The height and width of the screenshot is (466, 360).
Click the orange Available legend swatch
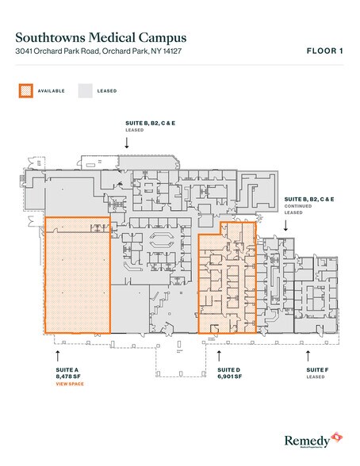tap(25, 90)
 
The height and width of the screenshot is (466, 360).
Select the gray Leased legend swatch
tap(84, 90)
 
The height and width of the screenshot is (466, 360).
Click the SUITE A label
tap(65, 369)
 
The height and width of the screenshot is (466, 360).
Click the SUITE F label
tap(317, 369)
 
